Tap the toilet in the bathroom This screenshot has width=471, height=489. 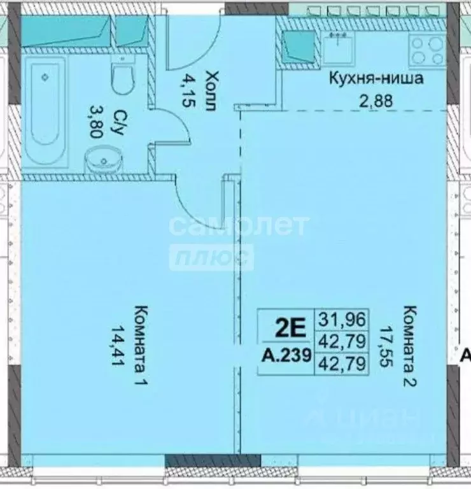[x=122, y=76]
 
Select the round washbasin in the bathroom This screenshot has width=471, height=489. [x=102, y=159]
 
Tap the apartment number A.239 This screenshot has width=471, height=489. [x=286, y=357]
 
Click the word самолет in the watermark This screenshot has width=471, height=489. [x=239, y=225]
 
